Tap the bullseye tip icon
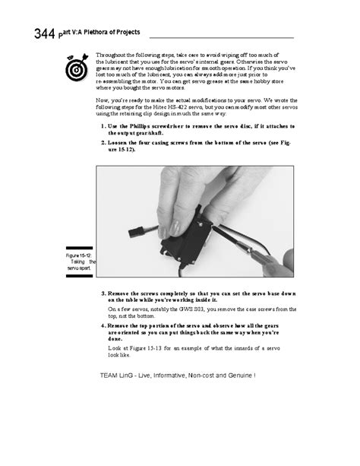coord(76,67)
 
